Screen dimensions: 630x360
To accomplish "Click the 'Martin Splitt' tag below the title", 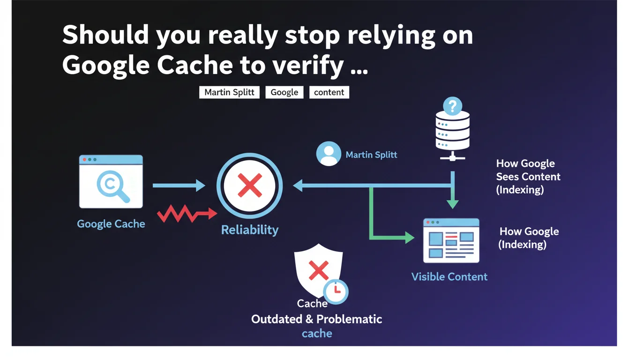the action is tap(229, 92).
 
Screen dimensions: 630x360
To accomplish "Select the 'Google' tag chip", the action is tap(285, 92).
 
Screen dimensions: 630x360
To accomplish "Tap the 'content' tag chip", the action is tap(329, 92).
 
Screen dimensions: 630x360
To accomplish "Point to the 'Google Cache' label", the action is tap(111, 224).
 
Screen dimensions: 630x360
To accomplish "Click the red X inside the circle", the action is tap(250, 185).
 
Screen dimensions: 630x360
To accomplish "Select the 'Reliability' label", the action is tap(250, 230).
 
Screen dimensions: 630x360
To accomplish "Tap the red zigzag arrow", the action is tap(187, 213).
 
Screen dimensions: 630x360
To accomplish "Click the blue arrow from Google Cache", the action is tap(179, 186).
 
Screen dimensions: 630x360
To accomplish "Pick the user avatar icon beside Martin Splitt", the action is tap(329, 154).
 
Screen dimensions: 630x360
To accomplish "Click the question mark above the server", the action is tap(452, 106).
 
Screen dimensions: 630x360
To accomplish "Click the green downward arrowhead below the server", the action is tap(452, 204).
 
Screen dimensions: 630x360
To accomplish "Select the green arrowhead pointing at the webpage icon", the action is tap(410, 238).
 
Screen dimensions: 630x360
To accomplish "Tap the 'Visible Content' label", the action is tap(449, 277).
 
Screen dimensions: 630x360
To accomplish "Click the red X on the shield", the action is tap(319, 270).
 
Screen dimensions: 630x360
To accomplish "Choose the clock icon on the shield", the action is tap(336, 292).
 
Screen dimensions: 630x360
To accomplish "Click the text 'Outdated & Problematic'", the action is tap(316, 319).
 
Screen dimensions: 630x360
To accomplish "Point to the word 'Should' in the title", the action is tap(105, 35).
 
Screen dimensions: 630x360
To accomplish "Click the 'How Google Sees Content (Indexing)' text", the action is tap(528, 177).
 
